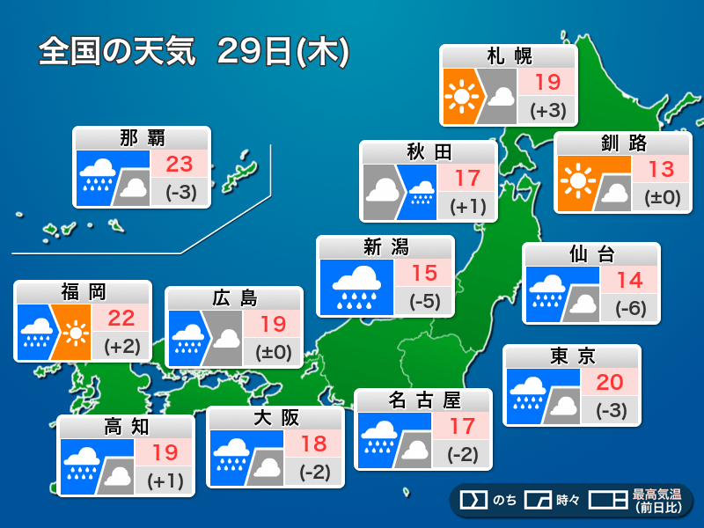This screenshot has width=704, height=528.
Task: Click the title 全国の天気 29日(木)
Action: pyautogui.click(x=194, y=52)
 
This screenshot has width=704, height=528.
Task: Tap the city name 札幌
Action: pyautogui.click(x=510, y=57)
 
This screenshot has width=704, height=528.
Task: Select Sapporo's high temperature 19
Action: pyautogui.click(x=547, y=83)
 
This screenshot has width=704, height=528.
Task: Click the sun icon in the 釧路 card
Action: pyautogui.click(x=577, y=181)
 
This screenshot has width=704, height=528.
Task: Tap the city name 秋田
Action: pyautogui.click(x=429, y=153)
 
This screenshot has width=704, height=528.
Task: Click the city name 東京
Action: pyautogui.click(x=572, y=356)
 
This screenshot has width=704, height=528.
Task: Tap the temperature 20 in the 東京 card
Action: pyautogui.click(x=609, y=382)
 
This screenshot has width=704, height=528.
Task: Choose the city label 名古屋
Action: pyautogui.click(x=423, y=400)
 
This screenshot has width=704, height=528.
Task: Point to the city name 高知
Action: pyautogui.click(x=127, y=427)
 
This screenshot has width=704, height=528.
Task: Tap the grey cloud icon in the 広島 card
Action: pyautogui.click(x=225, y=339)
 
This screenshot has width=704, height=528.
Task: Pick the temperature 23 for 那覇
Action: pyautogui.click(x=180, y=164)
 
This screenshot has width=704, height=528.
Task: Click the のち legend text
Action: pyautogui.click(x=504, y=501)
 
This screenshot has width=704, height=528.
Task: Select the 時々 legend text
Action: pyautogui.click(x=566, y=501)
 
